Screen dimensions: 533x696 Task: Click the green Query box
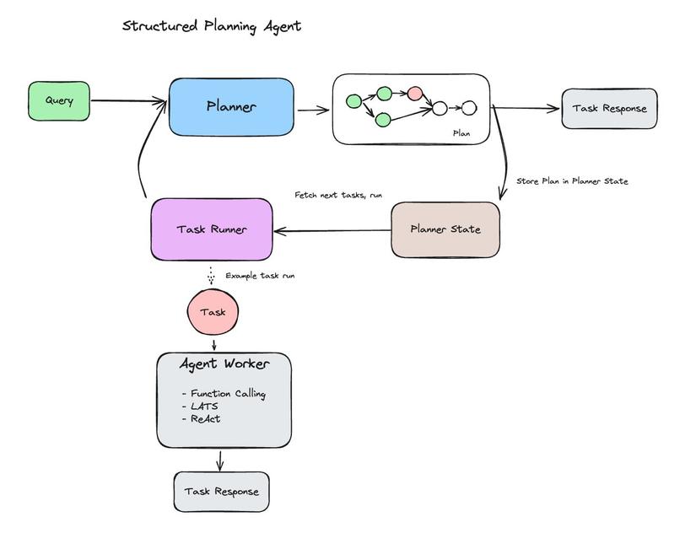[x=59, y=101]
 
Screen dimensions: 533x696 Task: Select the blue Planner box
[x=231, y=107]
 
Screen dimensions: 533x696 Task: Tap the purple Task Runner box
[x=212, y=229]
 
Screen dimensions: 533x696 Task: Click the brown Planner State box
[x=445, y=229]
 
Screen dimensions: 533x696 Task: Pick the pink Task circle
[x=213, y=312]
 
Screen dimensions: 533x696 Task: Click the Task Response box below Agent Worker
[x=221, y=492]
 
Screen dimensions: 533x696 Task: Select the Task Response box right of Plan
[x=609, y=109]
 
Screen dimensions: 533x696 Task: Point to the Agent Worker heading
[x=224, y=364]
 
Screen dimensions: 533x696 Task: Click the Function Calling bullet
[x=224, y=394]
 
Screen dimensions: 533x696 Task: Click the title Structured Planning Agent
[x=211, y=26]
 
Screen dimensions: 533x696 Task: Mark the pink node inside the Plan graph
[x=414, y=94]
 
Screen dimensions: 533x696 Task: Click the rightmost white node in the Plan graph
[x=469, y=108]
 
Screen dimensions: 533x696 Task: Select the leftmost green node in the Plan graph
[x=353, y=102]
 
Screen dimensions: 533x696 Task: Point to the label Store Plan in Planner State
[x=572, y=181]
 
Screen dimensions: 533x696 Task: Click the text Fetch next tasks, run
[x=338, y=196]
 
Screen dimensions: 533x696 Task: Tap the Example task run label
[x=260, y=276]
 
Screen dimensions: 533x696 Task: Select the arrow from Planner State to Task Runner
[x=332, y=230]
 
